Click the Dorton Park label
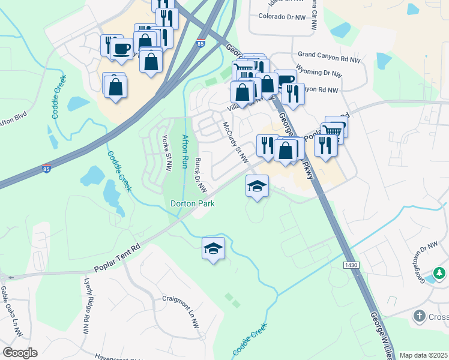point(193,204)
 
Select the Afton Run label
point(185,152)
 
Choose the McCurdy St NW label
point(235,142)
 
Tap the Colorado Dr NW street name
point(283,17)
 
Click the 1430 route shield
point(351,265)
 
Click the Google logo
point(20,353)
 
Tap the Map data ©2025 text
point(423,355)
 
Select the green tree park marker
point(440,274)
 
